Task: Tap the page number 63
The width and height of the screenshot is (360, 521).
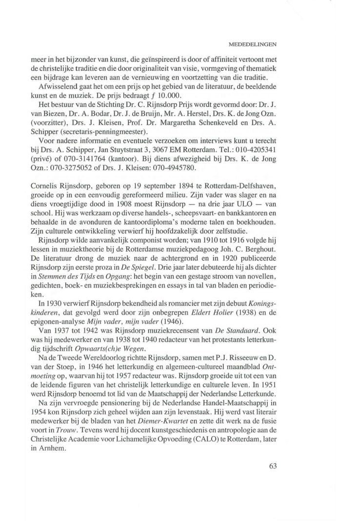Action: click(273, 465)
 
